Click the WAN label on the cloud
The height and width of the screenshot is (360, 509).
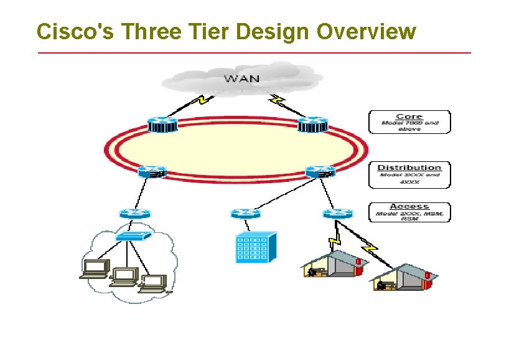coord(242,78)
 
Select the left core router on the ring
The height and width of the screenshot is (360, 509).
coord(162,125)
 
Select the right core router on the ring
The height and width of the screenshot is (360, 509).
coord(312,125)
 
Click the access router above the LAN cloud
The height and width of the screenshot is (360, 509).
coord(135,214)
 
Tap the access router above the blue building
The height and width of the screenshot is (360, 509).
coord(245,214)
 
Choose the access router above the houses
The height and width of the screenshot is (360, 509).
coord(338,214)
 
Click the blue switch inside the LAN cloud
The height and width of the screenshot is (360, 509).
coord(133,237)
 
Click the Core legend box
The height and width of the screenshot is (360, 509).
coord(409,122)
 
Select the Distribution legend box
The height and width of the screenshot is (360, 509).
coord(409,174)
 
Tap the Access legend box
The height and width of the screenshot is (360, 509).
coord(409,212)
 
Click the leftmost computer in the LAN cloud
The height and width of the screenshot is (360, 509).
coord(95,268)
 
